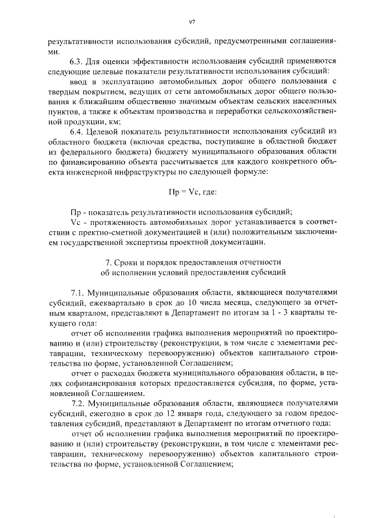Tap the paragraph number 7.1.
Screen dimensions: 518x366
tap(77, 291)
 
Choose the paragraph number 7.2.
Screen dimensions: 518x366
tap(77, 402)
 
